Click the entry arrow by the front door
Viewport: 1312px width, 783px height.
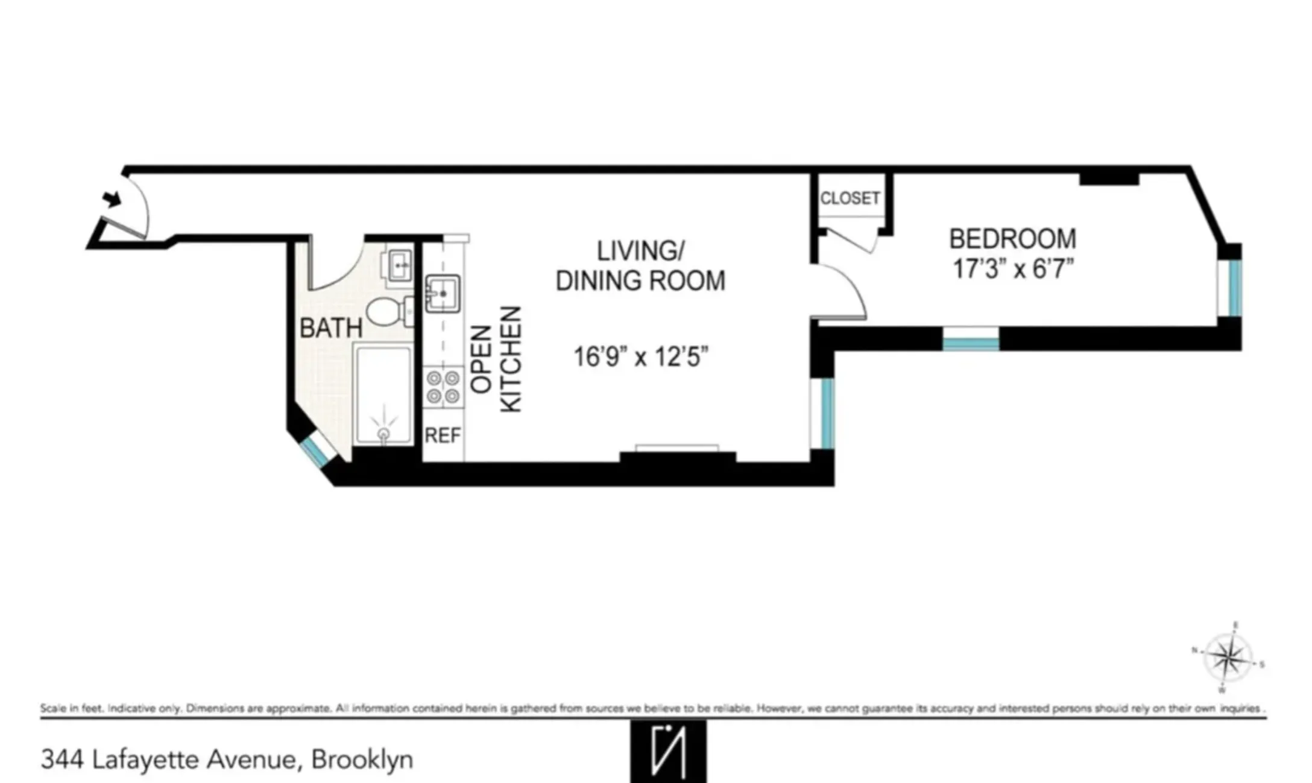click(111, 198)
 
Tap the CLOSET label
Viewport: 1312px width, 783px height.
click(850, 198)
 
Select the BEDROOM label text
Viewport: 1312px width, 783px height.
click(1012, 239)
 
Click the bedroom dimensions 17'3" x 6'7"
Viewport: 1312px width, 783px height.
click(1013, 269)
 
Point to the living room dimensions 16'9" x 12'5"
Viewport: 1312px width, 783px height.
click(640, 357)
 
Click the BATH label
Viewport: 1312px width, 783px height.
click(330, 328)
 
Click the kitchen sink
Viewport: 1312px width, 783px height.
click(443, 294)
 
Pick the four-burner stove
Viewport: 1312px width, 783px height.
click(443, 387)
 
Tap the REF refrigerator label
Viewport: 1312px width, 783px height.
click(443, 435)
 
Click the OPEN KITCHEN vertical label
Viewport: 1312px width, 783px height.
click(495, 360)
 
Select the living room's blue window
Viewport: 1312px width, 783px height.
click(827, 413)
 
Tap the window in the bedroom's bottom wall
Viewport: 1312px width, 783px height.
click(970, 343)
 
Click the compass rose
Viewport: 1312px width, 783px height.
click(1228, 657)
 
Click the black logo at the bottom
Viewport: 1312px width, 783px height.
click(668, 752)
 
